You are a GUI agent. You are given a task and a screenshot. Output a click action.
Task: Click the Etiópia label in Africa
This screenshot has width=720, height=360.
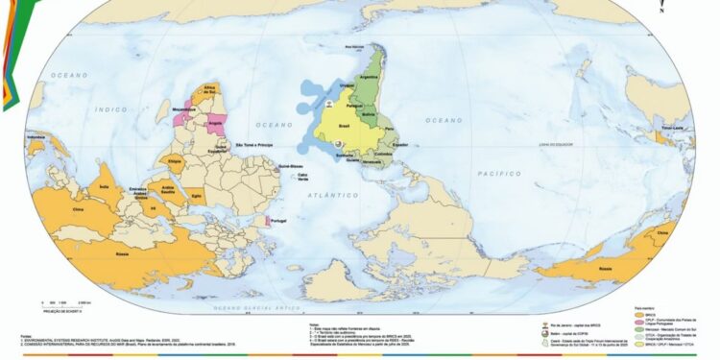[175, 162]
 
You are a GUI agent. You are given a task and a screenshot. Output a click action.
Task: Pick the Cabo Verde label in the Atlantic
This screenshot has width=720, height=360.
[302, 178]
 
